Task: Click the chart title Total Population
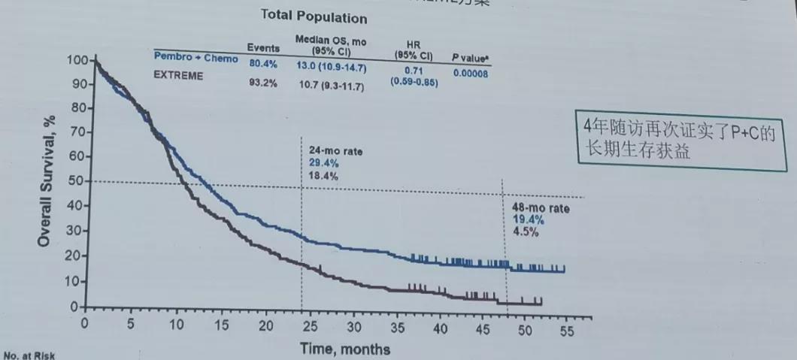click(x=314, y=17)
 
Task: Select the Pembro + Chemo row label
click(x=195, y=58)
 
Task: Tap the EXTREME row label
click(x=178, y=76)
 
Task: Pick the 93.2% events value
click(x=263, y=83)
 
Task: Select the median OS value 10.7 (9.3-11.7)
click(x=332, y=86)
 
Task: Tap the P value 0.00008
click(x=470, y=73)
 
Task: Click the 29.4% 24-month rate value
click(x=323, y=163)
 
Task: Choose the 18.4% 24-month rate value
click(x=323, y=176)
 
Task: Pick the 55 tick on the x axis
click(x=567, y=330)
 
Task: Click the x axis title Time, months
click(x=345, y=349)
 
